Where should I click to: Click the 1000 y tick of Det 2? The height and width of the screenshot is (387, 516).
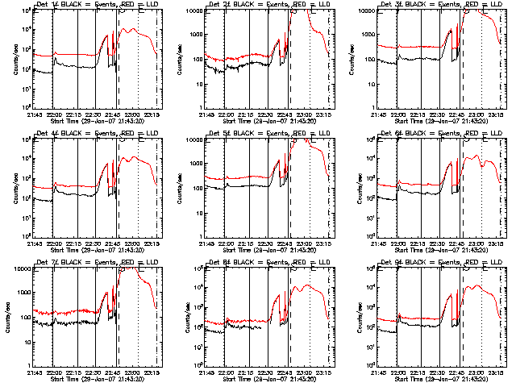click(194, 35)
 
